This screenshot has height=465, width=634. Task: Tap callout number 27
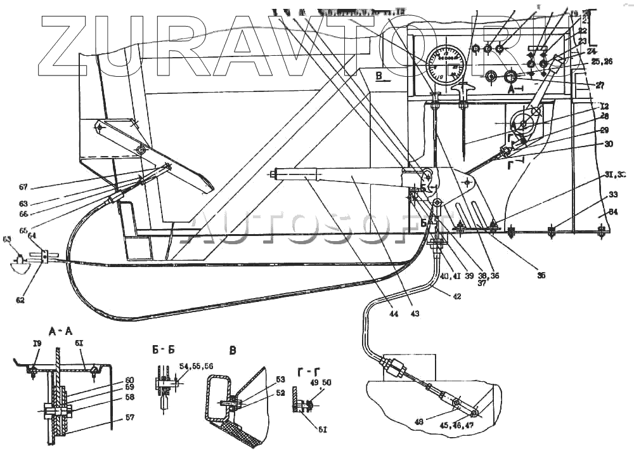(x=600, y=84)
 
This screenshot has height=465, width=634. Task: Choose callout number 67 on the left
(x=23, y=187)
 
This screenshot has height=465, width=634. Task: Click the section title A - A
(x=63, y=330)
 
